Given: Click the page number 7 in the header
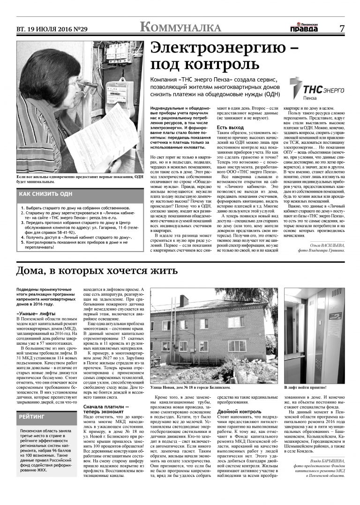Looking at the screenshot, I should click(x=342, y=28).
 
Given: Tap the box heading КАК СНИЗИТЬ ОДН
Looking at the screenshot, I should click(x=46, y=194).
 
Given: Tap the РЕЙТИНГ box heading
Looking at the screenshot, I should click(x=32, y=416).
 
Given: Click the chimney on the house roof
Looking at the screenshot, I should click(x=184, y=300).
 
